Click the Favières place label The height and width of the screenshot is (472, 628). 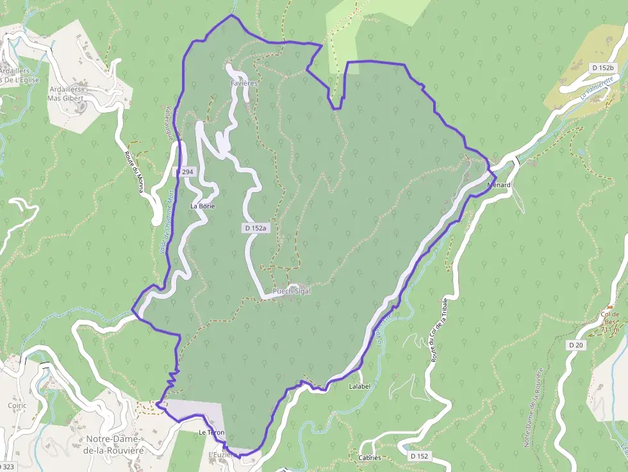point(244,83)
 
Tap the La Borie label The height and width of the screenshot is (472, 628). point(202,206)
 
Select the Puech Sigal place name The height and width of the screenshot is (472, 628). point(292,291)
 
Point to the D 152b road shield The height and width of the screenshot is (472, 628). point(603,67)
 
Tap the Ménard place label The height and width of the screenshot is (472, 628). point(499,185)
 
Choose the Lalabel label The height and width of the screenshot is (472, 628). point(360,387)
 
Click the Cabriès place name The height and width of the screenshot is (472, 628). point(370,458)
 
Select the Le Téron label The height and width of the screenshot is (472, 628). point(211,434)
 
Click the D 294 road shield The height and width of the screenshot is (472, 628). point(185,172)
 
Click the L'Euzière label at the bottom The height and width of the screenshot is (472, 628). point(219,455)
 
